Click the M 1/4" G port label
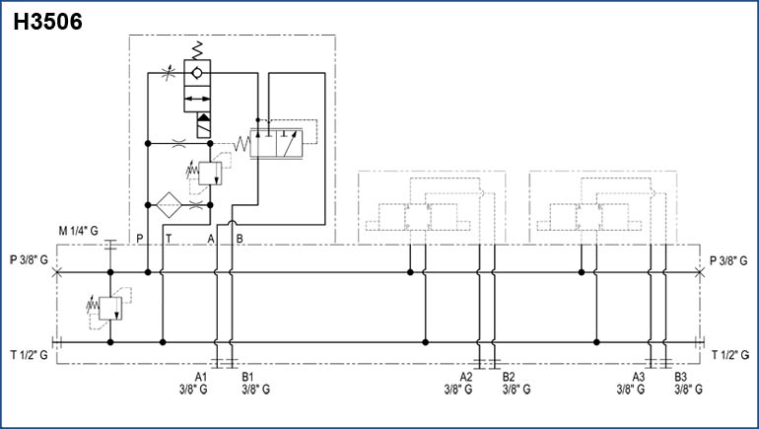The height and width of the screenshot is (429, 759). click(79, 230)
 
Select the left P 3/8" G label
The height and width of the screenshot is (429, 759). click(30, 260)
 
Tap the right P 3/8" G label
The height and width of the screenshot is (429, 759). click(730, 260)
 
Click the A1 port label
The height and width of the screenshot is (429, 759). click(201, 377)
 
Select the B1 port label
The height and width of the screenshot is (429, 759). click(249, 377)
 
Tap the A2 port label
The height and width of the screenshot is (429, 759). click(466, 377)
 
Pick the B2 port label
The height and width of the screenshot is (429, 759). click(509, 377)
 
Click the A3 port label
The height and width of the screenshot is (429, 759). click(638, 377)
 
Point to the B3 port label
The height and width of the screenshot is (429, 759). click(680, 377)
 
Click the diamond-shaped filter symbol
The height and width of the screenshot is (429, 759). click(165, 205)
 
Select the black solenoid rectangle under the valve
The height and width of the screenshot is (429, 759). click(204, 125)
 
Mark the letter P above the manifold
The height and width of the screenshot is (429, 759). click(140, 238)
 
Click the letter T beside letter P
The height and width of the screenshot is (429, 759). click(169, 238)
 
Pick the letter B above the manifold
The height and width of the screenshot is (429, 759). click(241, 238)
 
